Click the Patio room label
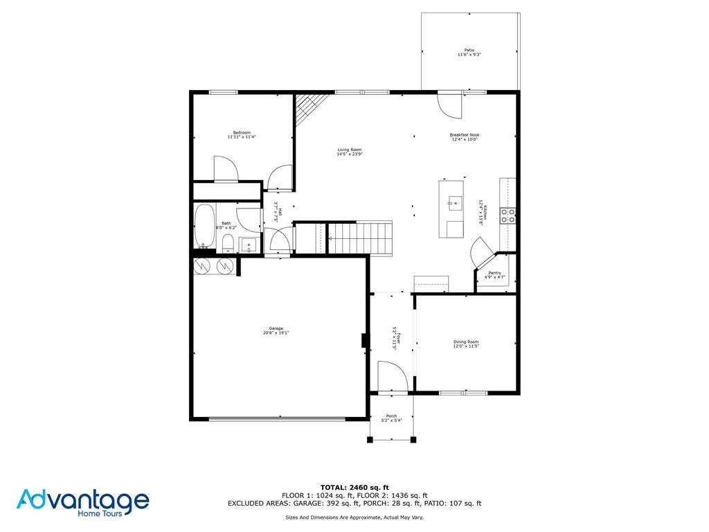tap(469, 50)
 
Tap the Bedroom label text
tap(242, 132)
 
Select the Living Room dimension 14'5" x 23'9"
tap(350, 154)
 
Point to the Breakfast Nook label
tap(464, 135)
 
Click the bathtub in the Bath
tap(204, 226)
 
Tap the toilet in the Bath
tap(227, 242)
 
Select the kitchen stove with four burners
tap(508, 215)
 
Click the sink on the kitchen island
tap(455, 202)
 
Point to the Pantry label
tap(494, 273)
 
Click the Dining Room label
tap(466, 342)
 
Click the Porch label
tap(391, 416)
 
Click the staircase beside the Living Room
tap(359, 238)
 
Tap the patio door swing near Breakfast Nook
tap(449, 104)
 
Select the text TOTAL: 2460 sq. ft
tap(354, 487)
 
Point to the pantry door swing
tap(481, 251)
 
